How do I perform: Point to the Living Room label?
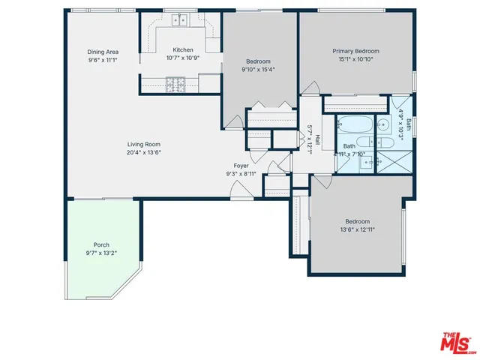tap(144, 144)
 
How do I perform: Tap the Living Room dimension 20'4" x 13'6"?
tap(144, 152)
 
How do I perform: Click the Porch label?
tap(101, 245)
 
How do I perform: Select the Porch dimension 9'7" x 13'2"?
tap(101, 253)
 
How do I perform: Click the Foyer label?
tap(241, 166)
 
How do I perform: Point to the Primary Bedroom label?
tap(355, 51)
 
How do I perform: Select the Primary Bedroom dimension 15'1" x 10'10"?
tap(355, 59)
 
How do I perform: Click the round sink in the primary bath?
tap(382, 125)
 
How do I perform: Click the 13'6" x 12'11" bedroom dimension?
tap(357, 229)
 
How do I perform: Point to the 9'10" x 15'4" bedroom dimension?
tap(258, 70)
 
